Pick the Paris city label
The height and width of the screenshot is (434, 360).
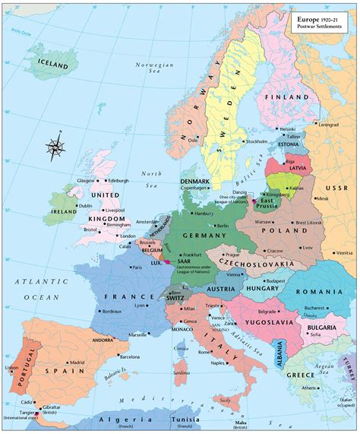pos(137,268)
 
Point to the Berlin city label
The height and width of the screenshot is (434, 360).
pos(223,226)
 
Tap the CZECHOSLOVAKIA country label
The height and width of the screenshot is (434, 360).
pos(257,264)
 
